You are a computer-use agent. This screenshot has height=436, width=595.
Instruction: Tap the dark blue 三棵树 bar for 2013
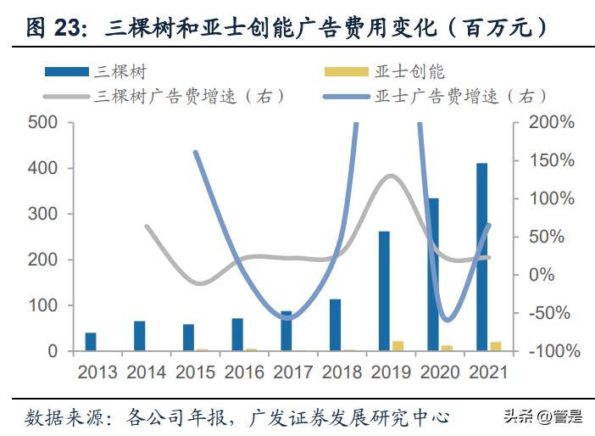pos(91,342)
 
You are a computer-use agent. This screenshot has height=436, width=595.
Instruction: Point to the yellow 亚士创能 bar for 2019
pos(398,346)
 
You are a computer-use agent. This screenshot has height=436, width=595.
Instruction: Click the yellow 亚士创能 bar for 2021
pos(496,346)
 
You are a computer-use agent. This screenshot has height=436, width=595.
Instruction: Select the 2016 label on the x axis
pos(246,372)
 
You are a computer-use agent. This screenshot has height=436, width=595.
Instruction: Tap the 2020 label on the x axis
pos(441,372)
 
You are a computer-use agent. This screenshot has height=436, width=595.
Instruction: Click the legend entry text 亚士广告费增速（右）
pos(459,96)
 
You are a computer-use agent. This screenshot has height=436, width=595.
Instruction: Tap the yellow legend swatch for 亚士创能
pos(346,73)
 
